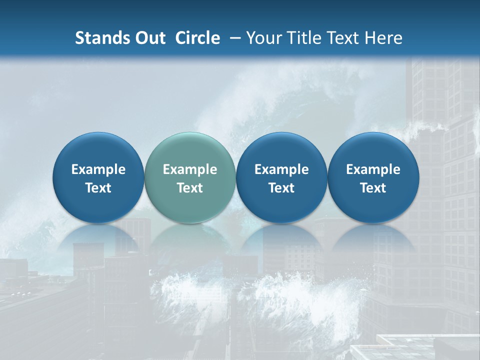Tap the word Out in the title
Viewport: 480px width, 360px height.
pyautogui.click(x=149, y=38)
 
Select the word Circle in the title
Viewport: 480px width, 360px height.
pyautogui.click(x=197, y=38)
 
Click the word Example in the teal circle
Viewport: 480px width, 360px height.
pyautogui.click(x=190, y=169)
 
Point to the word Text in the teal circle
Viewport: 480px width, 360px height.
pyautogui.click(x=190, y=188)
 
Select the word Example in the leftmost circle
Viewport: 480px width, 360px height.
pyautogui.click(x=98, y=169)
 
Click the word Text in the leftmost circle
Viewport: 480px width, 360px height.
pyautogui.click(x=98, y=188)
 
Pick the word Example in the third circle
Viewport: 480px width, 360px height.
pyautogui.click(x=281, y=169)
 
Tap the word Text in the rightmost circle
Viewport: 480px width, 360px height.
pyautogui.click(x=373, y=188)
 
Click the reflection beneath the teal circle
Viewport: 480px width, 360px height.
pyautogui.click(x=190, y=237)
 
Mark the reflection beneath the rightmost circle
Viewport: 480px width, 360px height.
pyautogui.click(x=373, y=237)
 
